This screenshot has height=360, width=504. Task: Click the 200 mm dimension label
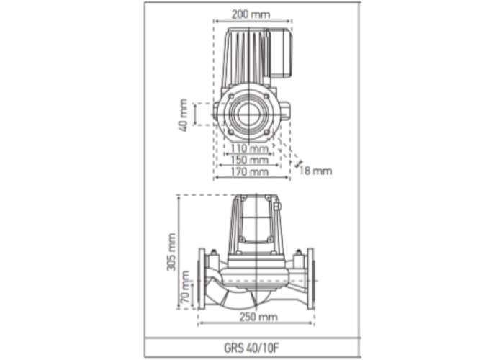(x=251, y=14)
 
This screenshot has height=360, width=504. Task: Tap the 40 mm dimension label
(x=183, y=115)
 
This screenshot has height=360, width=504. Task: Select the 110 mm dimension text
(x=250, y=148)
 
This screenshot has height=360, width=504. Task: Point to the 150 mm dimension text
(x=250, y=160)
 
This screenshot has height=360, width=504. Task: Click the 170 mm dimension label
(x=250, y=172)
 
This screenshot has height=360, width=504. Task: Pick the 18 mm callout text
(x=315, y=171)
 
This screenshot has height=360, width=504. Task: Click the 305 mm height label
(x=171, y=252)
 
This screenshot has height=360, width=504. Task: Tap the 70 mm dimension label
(x=185, y=287)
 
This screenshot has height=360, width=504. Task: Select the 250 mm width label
(x=258, y=318)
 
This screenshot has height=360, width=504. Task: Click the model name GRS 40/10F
(x=249, y=348)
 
